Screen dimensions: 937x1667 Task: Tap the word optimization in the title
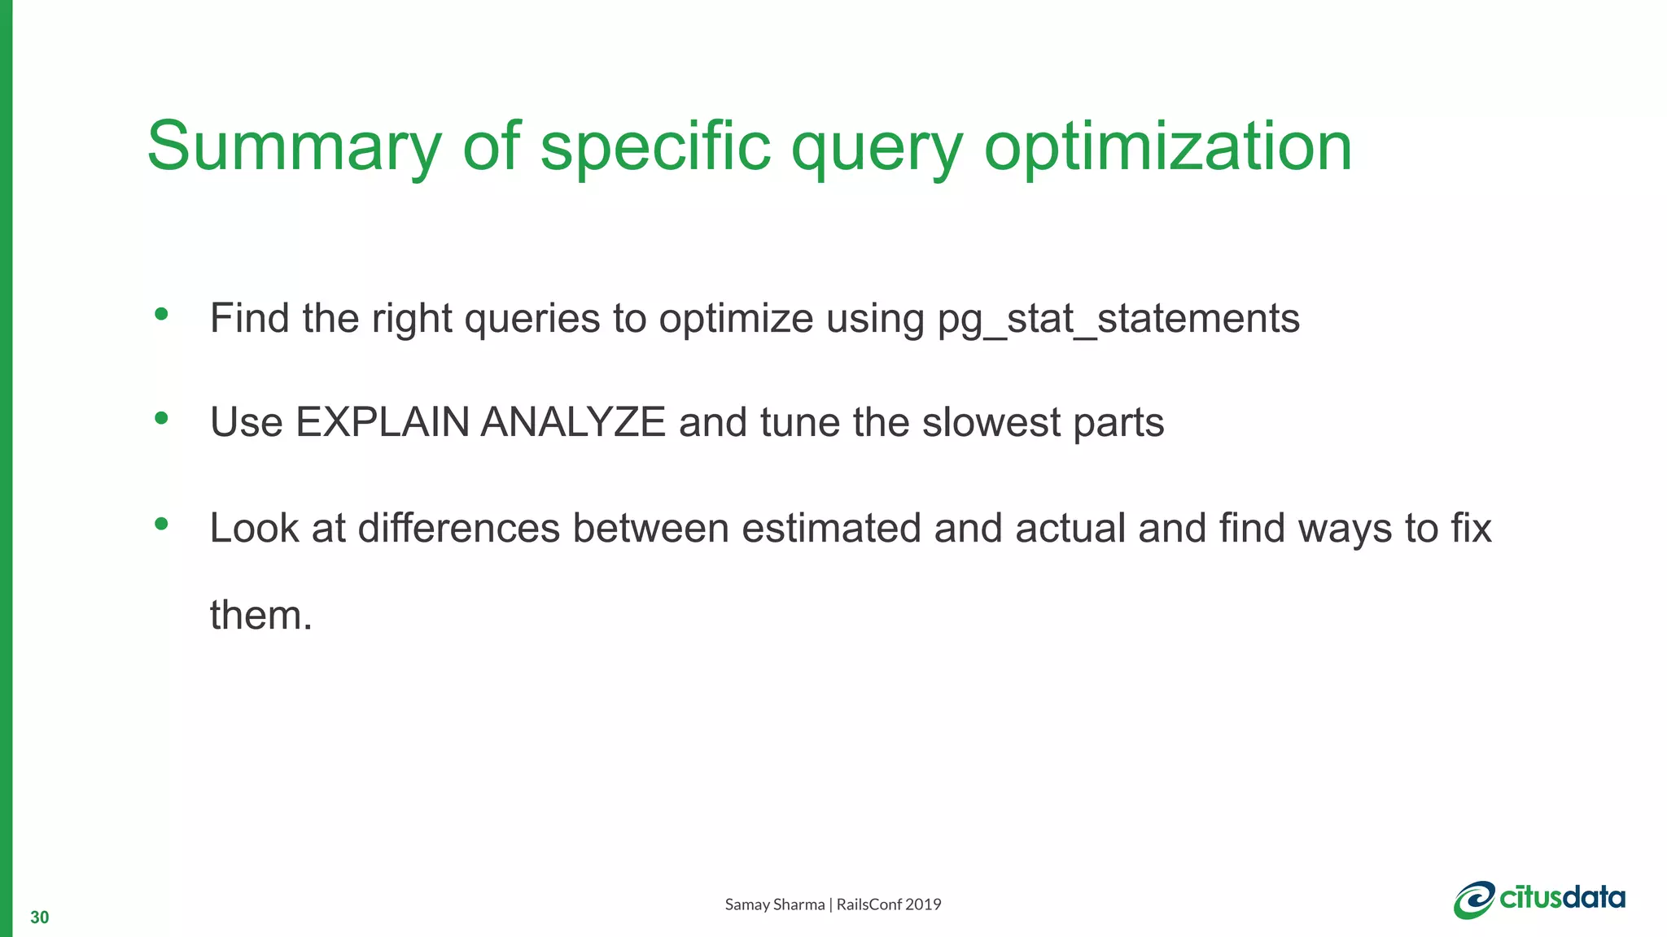pos(1168,148)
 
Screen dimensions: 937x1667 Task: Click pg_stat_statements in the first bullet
pos(1118,319)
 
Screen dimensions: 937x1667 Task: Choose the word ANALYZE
pos(573,423)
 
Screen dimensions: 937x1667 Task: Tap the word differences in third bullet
pos(458,528)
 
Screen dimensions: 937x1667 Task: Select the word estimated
pos(831,528)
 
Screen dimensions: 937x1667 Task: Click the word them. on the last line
pos(260,615)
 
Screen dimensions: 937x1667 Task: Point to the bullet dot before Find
pos(161,314)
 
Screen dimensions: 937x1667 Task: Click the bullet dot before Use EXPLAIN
pos(161,418)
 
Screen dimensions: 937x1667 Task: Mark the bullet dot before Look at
pos(161,524)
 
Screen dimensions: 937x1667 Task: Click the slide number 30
pos(39,917)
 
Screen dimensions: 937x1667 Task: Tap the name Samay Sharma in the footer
pos(774,904)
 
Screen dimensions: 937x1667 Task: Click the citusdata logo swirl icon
pos(1474,900)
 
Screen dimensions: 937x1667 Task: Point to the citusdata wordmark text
pos(1563,897)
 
